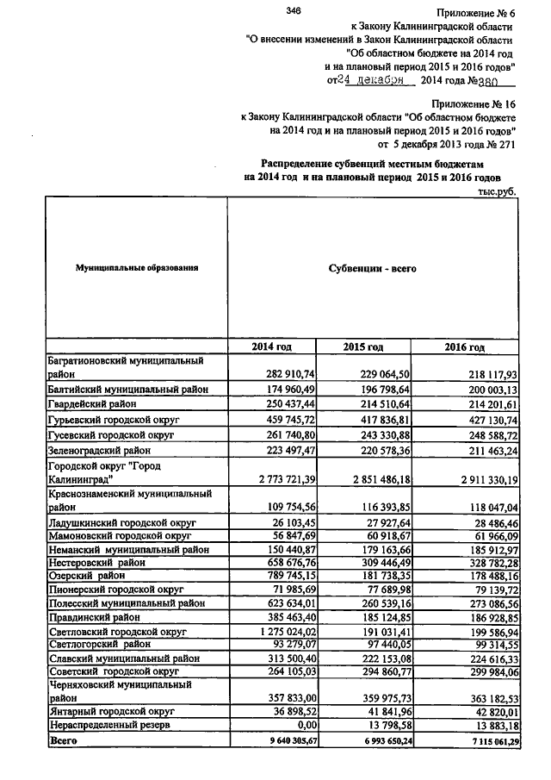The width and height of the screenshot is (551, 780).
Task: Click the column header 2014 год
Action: point(271,346)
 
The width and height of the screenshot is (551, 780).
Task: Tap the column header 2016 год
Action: point(465,346)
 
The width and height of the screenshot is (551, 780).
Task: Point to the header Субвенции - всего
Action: point(373,268)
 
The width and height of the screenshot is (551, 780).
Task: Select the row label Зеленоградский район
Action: point(98,449)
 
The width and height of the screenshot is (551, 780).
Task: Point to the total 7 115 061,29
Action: point(486,740)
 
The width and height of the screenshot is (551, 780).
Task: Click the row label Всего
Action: point(59,740)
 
